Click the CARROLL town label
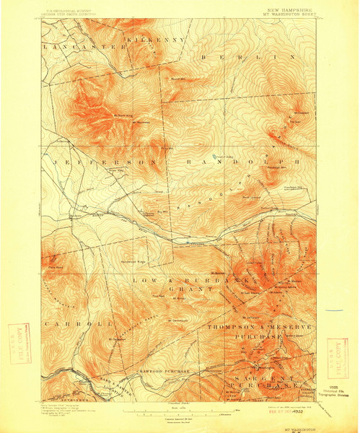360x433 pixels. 69,325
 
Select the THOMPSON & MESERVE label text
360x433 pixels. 259,327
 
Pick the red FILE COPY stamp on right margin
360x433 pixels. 338,358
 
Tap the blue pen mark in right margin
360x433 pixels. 334,310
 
